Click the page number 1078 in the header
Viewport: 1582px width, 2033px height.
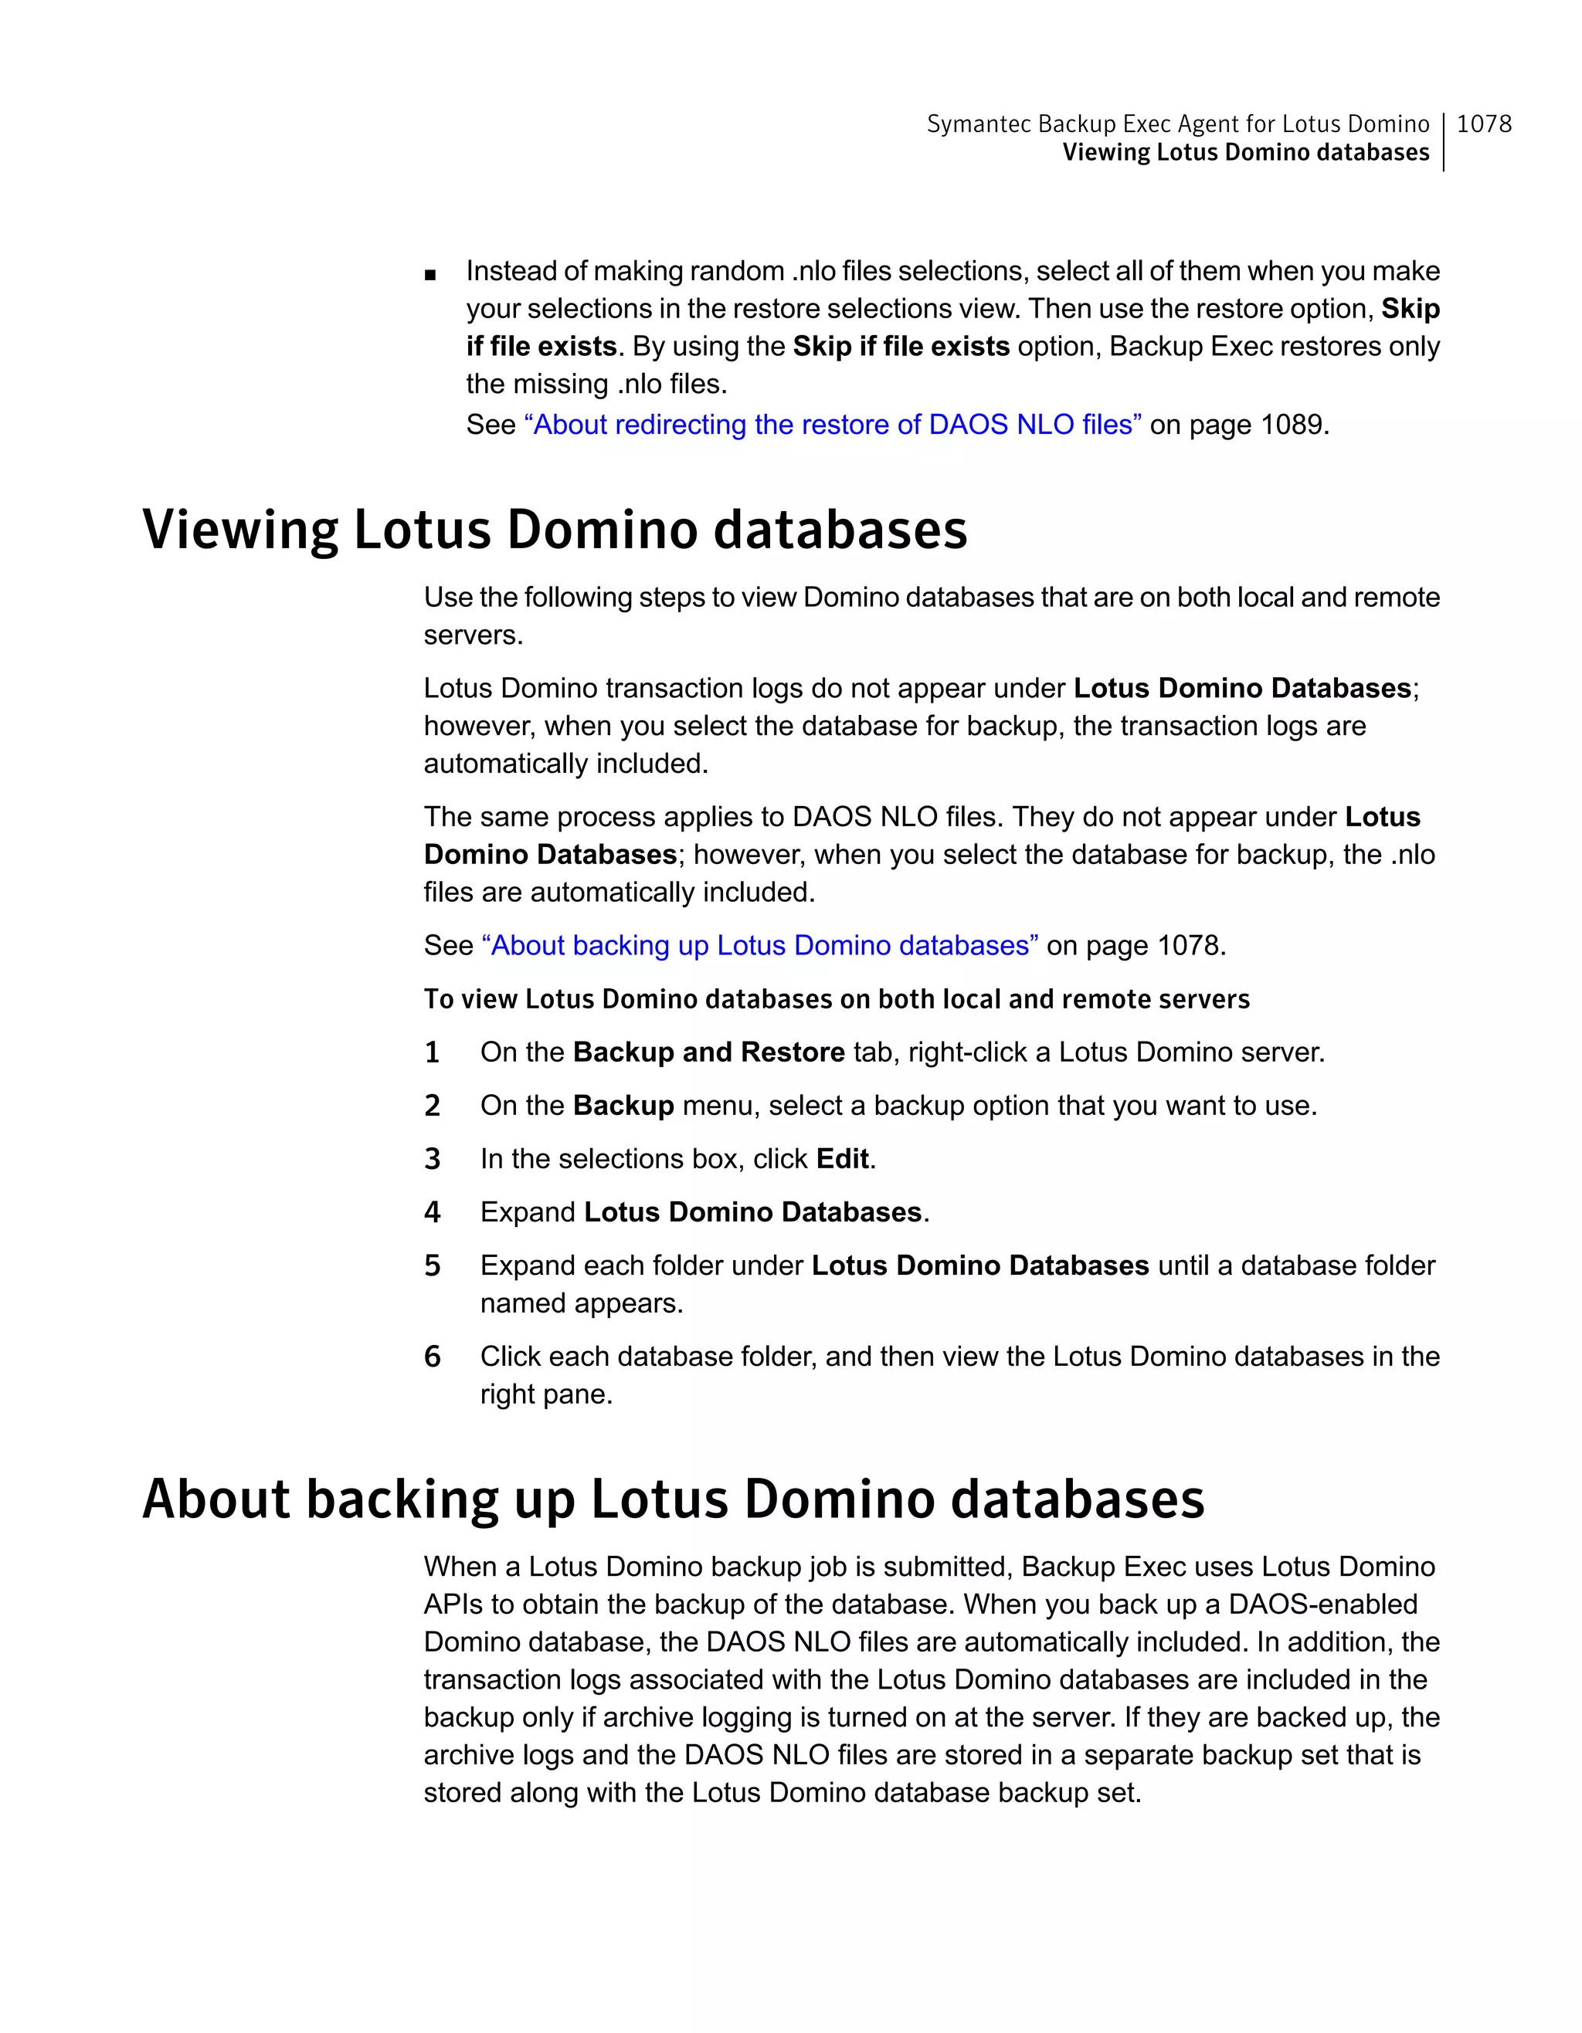click(1483, 124)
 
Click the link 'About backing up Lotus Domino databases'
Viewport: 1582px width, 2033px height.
click(760, 946)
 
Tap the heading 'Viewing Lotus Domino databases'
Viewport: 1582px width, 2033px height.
click(555, 530)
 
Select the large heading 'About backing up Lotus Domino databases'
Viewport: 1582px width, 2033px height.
click(674, 1499)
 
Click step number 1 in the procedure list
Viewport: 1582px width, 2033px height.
click(432, 1053)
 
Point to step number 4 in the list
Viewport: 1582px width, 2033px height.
click(432, 1213)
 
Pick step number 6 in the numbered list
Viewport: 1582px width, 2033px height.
click(432, 1357)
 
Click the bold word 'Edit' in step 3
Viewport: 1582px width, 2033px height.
click(843, 1159)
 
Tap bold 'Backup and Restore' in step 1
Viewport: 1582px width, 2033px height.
click(708, 1053)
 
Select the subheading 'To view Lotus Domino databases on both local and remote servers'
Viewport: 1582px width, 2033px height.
click(836, 999)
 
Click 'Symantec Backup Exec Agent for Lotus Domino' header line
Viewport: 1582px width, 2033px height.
click(1177, 124)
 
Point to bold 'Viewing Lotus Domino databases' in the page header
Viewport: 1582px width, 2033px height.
click(1245, 153)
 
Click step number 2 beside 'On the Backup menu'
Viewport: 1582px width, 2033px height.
click(432, 1106)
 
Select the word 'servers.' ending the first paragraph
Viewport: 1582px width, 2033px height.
click(473, 635)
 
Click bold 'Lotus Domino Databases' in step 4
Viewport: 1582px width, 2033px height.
click(752, 1213)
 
